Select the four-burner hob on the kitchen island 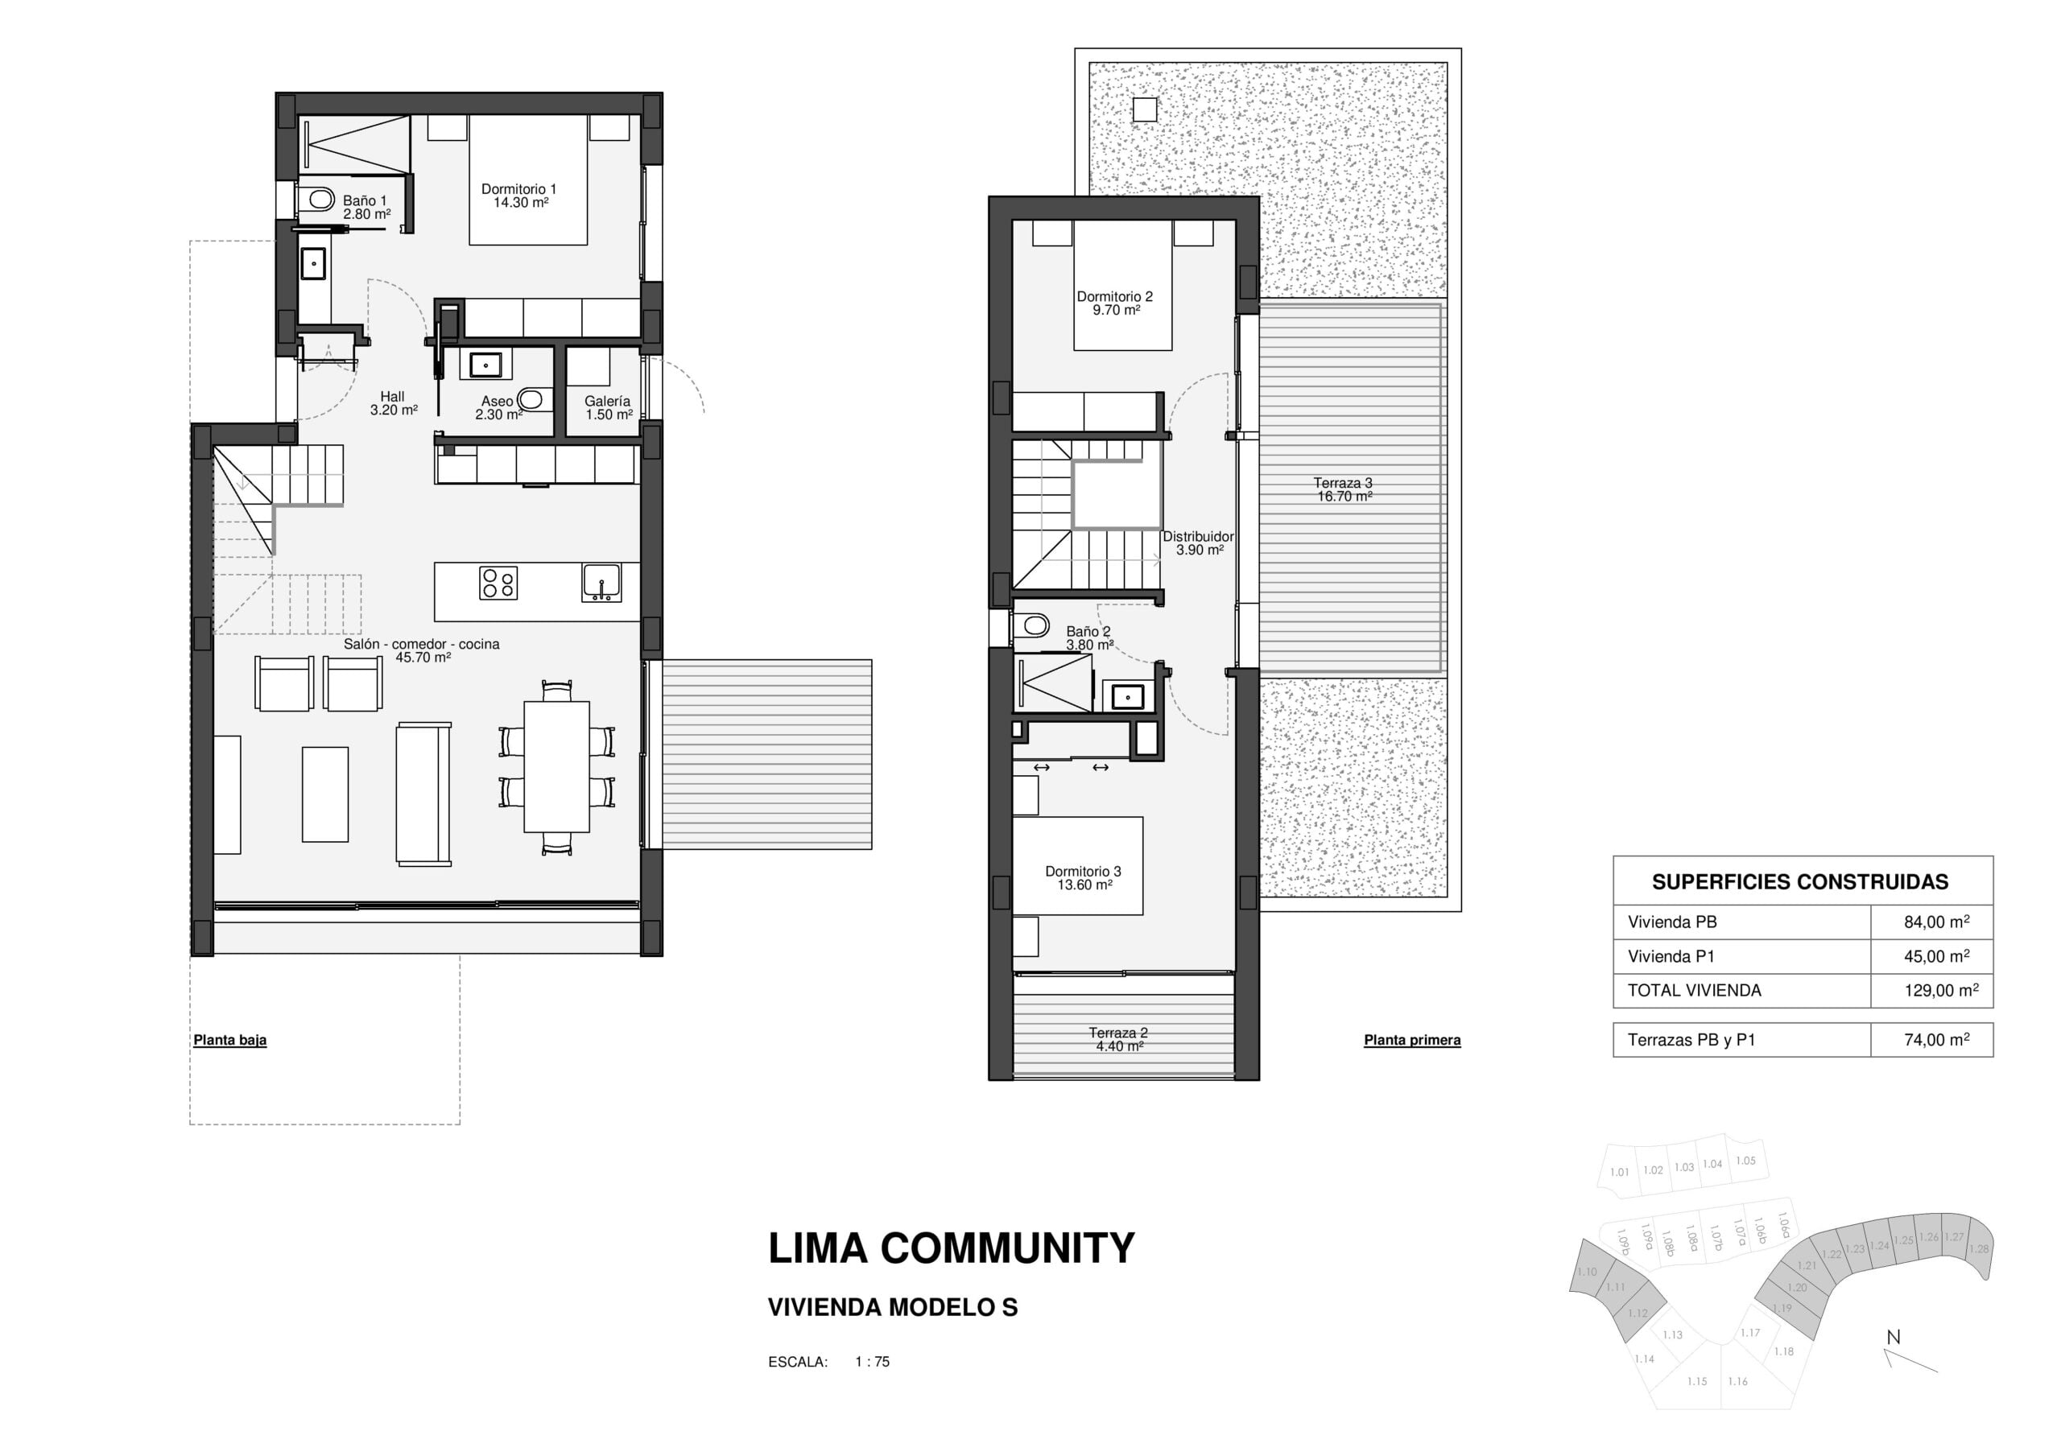click(x=498, y=583)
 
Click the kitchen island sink click(x=601, y=583)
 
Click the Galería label click(x=608, y=402)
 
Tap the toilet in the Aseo click(x=531, y=398)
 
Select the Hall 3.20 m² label click(x=393, y=403)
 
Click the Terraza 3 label click(x=1343, y=483)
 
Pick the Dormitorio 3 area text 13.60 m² click(x=1084, y=885)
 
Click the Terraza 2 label click(x=1117, y=1033)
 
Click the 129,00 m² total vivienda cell click(x=1941, y=990)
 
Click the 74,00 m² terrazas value click(x=1937, y=1040)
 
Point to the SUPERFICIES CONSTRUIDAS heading click(x=1800, y=881)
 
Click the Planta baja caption click(x=229, y=1041)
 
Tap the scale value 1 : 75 click(x=872, y=1362)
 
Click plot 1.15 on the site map click(x=1696, y=1381)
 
